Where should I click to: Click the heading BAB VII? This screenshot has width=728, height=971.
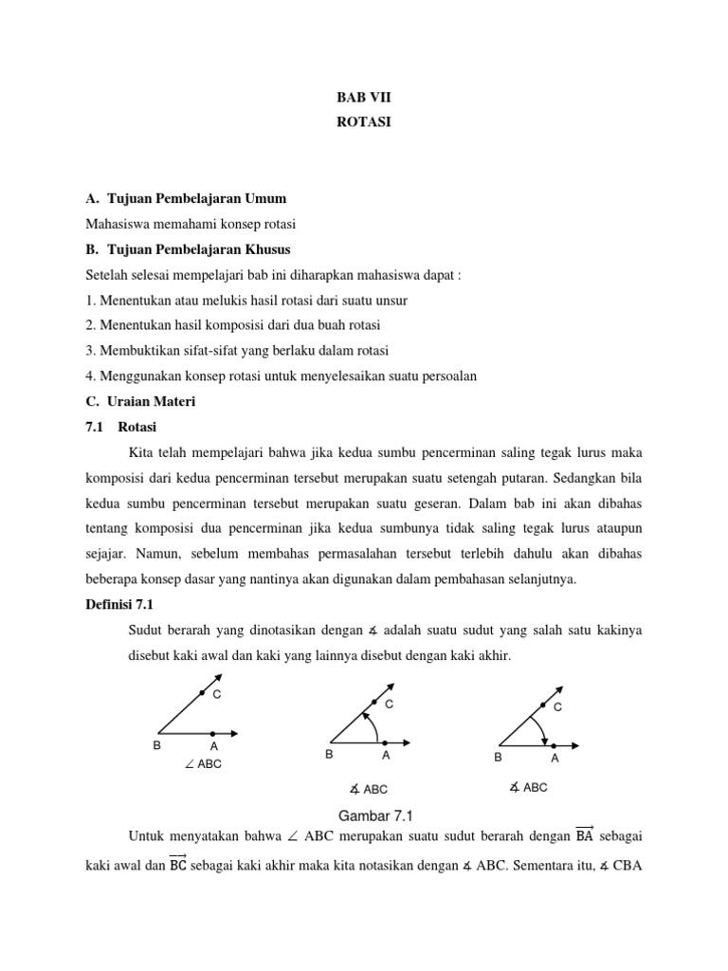363,97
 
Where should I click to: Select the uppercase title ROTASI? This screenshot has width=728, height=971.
363,121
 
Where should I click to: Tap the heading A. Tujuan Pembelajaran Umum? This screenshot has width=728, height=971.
186,198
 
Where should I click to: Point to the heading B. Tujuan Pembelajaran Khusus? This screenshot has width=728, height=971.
188,249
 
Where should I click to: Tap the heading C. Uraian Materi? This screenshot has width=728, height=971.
140,402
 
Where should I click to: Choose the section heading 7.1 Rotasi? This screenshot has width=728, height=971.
120,428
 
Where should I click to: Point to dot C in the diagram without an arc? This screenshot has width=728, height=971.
203,694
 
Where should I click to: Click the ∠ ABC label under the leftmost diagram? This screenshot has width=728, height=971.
203,763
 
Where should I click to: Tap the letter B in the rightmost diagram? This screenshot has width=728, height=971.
498,759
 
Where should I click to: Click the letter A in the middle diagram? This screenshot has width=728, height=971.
386,756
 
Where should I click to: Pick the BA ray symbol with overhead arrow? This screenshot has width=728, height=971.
584,835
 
